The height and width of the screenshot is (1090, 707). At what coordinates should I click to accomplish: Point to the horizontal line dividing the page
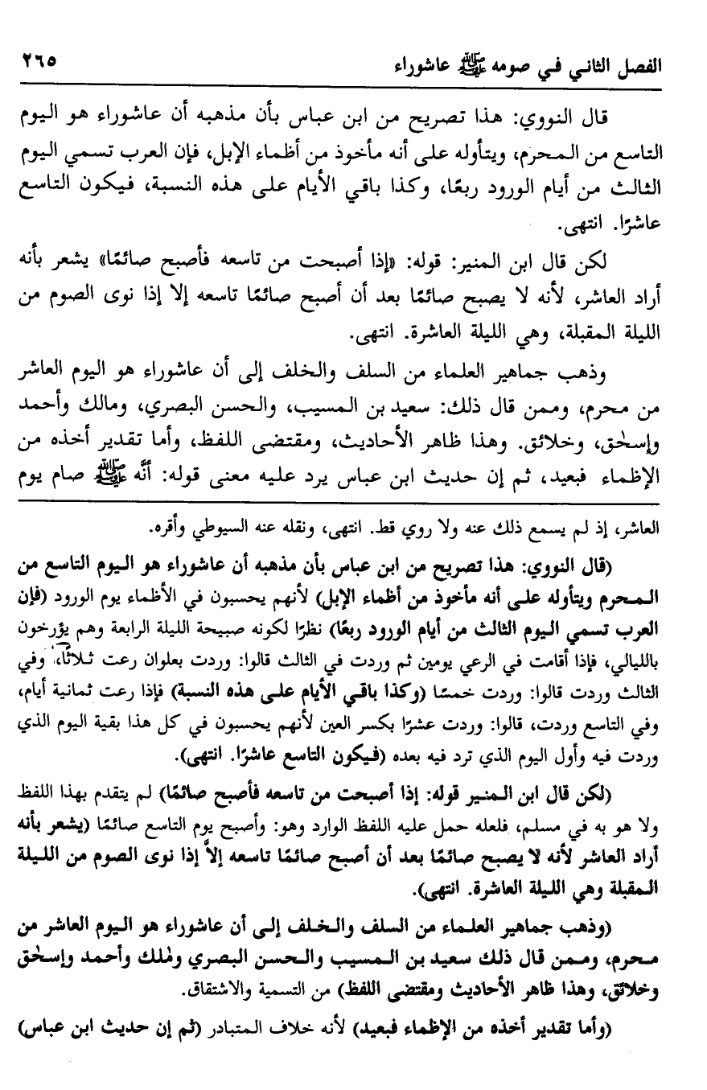point(353,504)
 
